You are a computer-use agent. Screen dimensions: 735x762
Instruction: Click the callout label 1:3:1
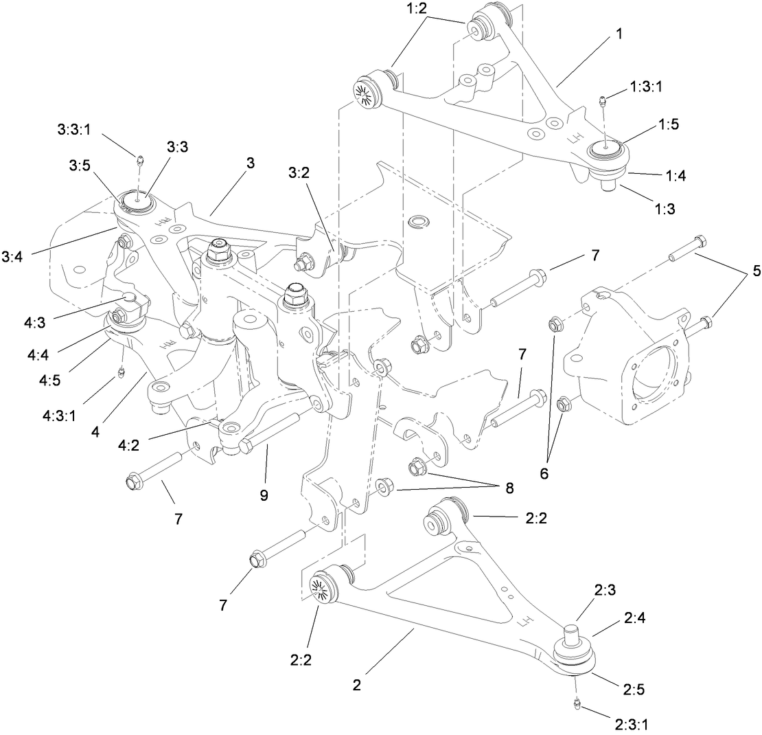(x=646, y=87)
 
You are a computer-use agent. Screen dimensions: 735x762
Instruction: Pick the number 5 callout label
(x=737, y=271)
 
